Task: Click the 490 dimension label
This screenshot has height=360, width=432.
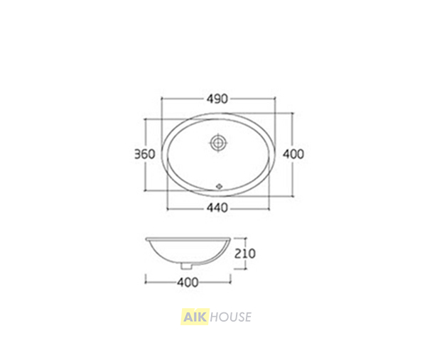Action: [x=217, y=99]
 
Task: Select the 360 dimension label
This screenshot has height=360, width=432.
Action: [x=145, y=154]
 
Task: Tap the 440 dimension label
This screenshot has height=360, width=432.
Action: [x=217, y=208]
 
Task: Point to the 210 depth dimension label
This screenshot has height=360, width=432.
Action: [x=245, y=253]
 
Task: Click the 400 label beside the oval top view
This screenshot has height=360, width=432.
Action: [x=293, y=154]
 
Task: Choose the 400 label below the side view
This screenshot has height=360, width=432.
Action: [x=188, y=282]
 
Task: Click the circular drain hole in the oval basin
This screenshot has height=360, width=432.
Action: [x=219, y=143]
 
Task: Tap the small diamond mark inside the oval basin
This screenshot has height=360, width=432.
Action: [x=220, y=186]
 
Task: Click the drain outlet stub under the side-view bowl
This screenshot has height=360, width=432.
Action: [x=187, y=266]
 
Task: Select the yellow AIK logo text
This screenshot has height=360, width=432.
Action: [x=195, y=317]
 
